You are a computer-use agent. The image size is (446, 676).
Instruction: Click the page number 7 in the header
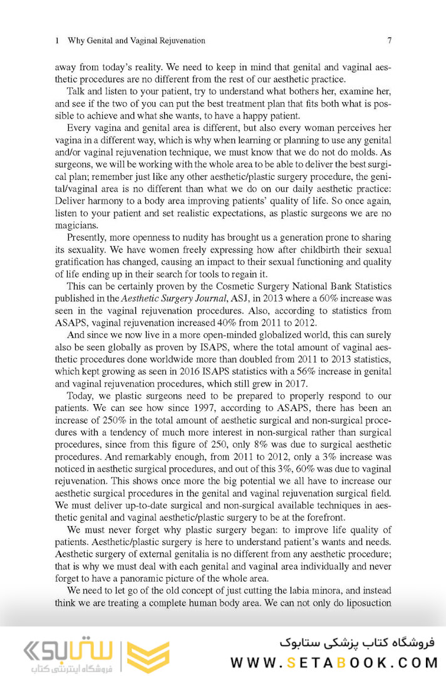[x=389, y=41]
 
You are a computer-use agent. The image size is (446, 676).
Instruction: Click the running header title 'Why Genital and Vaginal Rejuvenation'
[x=135, y=41]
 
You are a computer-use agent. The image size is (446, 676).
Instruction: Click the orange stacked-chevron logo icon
[x=148, y=657]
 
